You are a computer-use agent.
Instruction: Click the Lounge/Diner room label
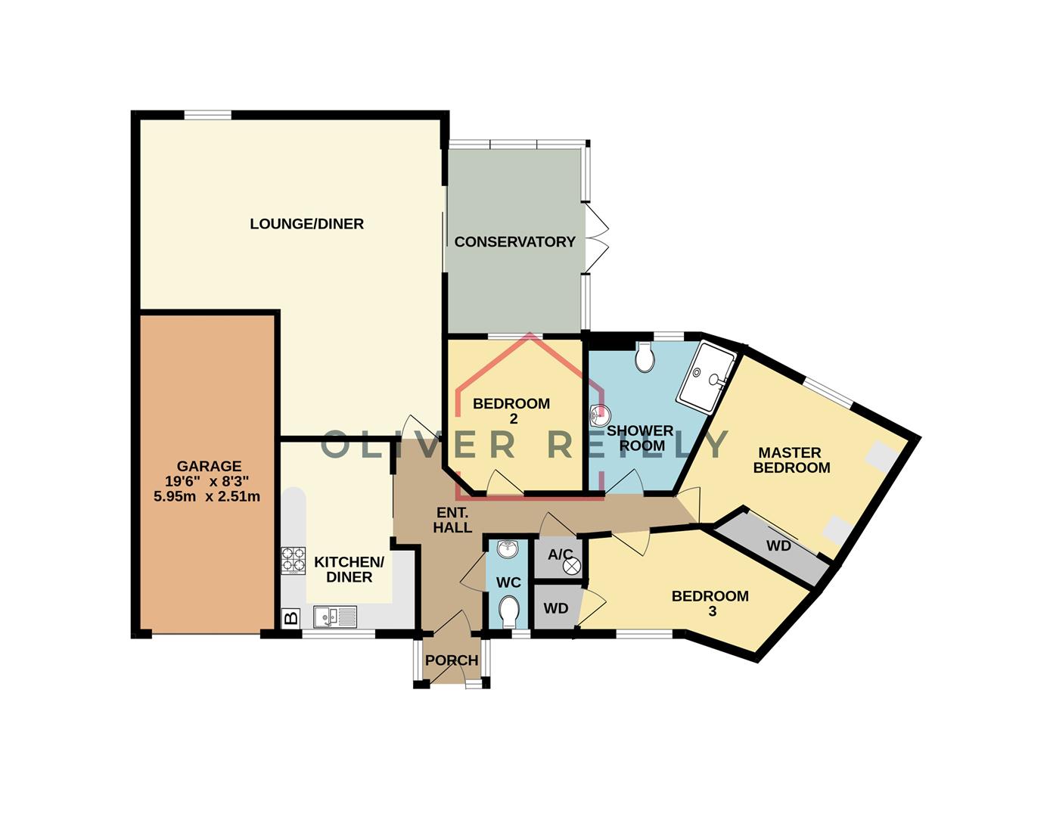pos(306,224)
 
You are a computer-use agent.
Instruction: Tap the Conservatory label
pos(514,242)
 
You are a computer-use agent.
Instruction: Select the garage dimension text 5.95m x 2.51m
pos(207,497)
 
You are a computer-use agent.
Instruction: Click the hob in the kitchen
pos(293,561)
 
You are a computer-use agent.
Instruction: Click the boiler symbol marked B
pos(290,618)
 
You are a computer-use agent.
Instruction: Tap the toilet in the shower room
pos(645,359)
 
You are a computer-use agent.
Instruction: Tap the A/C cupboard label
pos(560,555)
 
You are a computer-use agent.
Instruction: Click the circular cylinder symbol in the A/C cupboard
pos(573,564)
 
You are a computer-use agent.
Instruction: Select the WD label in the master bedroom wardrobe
pos(778,545)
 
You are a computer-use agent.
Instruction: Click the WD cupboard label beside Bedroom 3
pos(556,608)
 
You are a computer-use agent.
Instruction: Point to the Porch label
pos(452,660)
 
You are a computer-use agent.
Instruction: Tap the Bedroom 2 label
pos(511,411)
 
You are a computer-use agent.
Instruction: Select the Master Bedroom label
pos(791,460)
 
